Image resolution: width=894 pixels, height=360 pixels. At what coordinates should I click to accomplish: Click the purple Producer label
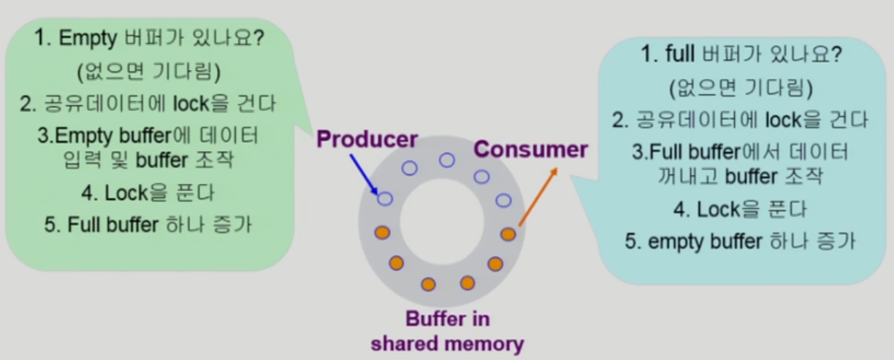click(x=367, y=139)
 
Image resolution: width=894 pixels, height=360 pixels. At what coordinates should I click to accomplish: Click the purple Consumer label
click(x=530, y=150)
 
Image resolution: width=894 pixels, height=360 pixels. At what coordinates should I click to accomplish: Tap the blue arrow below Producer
click(x=365, y=174)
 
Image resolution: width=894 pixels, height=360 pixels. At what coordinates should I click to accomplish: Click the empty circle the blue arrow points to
click(x=385, y=198)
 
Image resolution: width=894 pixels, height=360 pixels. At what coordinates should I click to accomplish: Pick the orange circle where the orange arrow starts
click(x=508, y=234)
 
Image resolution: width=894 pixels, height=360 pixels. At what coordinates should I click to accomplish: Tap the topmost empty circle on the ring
click(x=446, y=160)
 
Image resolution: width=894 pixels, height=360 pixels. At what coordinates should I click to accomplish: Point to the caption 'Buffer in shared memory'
click(x=447, y=332)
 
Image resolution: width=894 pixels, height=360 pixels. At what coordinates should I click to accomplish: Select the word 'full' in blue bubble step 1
click(x=681, y=54)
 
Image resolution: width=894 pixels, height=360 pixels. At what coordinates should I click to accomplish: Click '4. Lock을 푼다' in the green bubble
click(x=148, y=194)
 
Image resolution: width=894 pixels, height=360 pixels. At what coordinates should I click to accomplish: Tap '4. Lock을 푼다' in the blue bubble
click(x=740, y=210)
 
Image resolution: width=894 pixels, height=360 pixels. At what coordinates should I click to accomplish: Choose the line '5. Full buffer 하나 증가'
click(x=148, y=224)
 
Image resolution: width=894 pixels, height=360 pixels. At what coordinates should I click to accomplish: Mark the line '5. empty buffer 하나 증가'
click(x=740, y=241)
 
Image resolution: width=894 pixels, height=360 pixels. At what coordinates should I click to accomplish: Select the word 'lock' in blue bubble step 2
click(x=782, y=119)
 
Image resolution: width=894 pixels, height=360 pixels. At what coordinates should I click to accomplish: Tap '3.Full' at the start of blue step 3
click(x=655, y=152)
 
